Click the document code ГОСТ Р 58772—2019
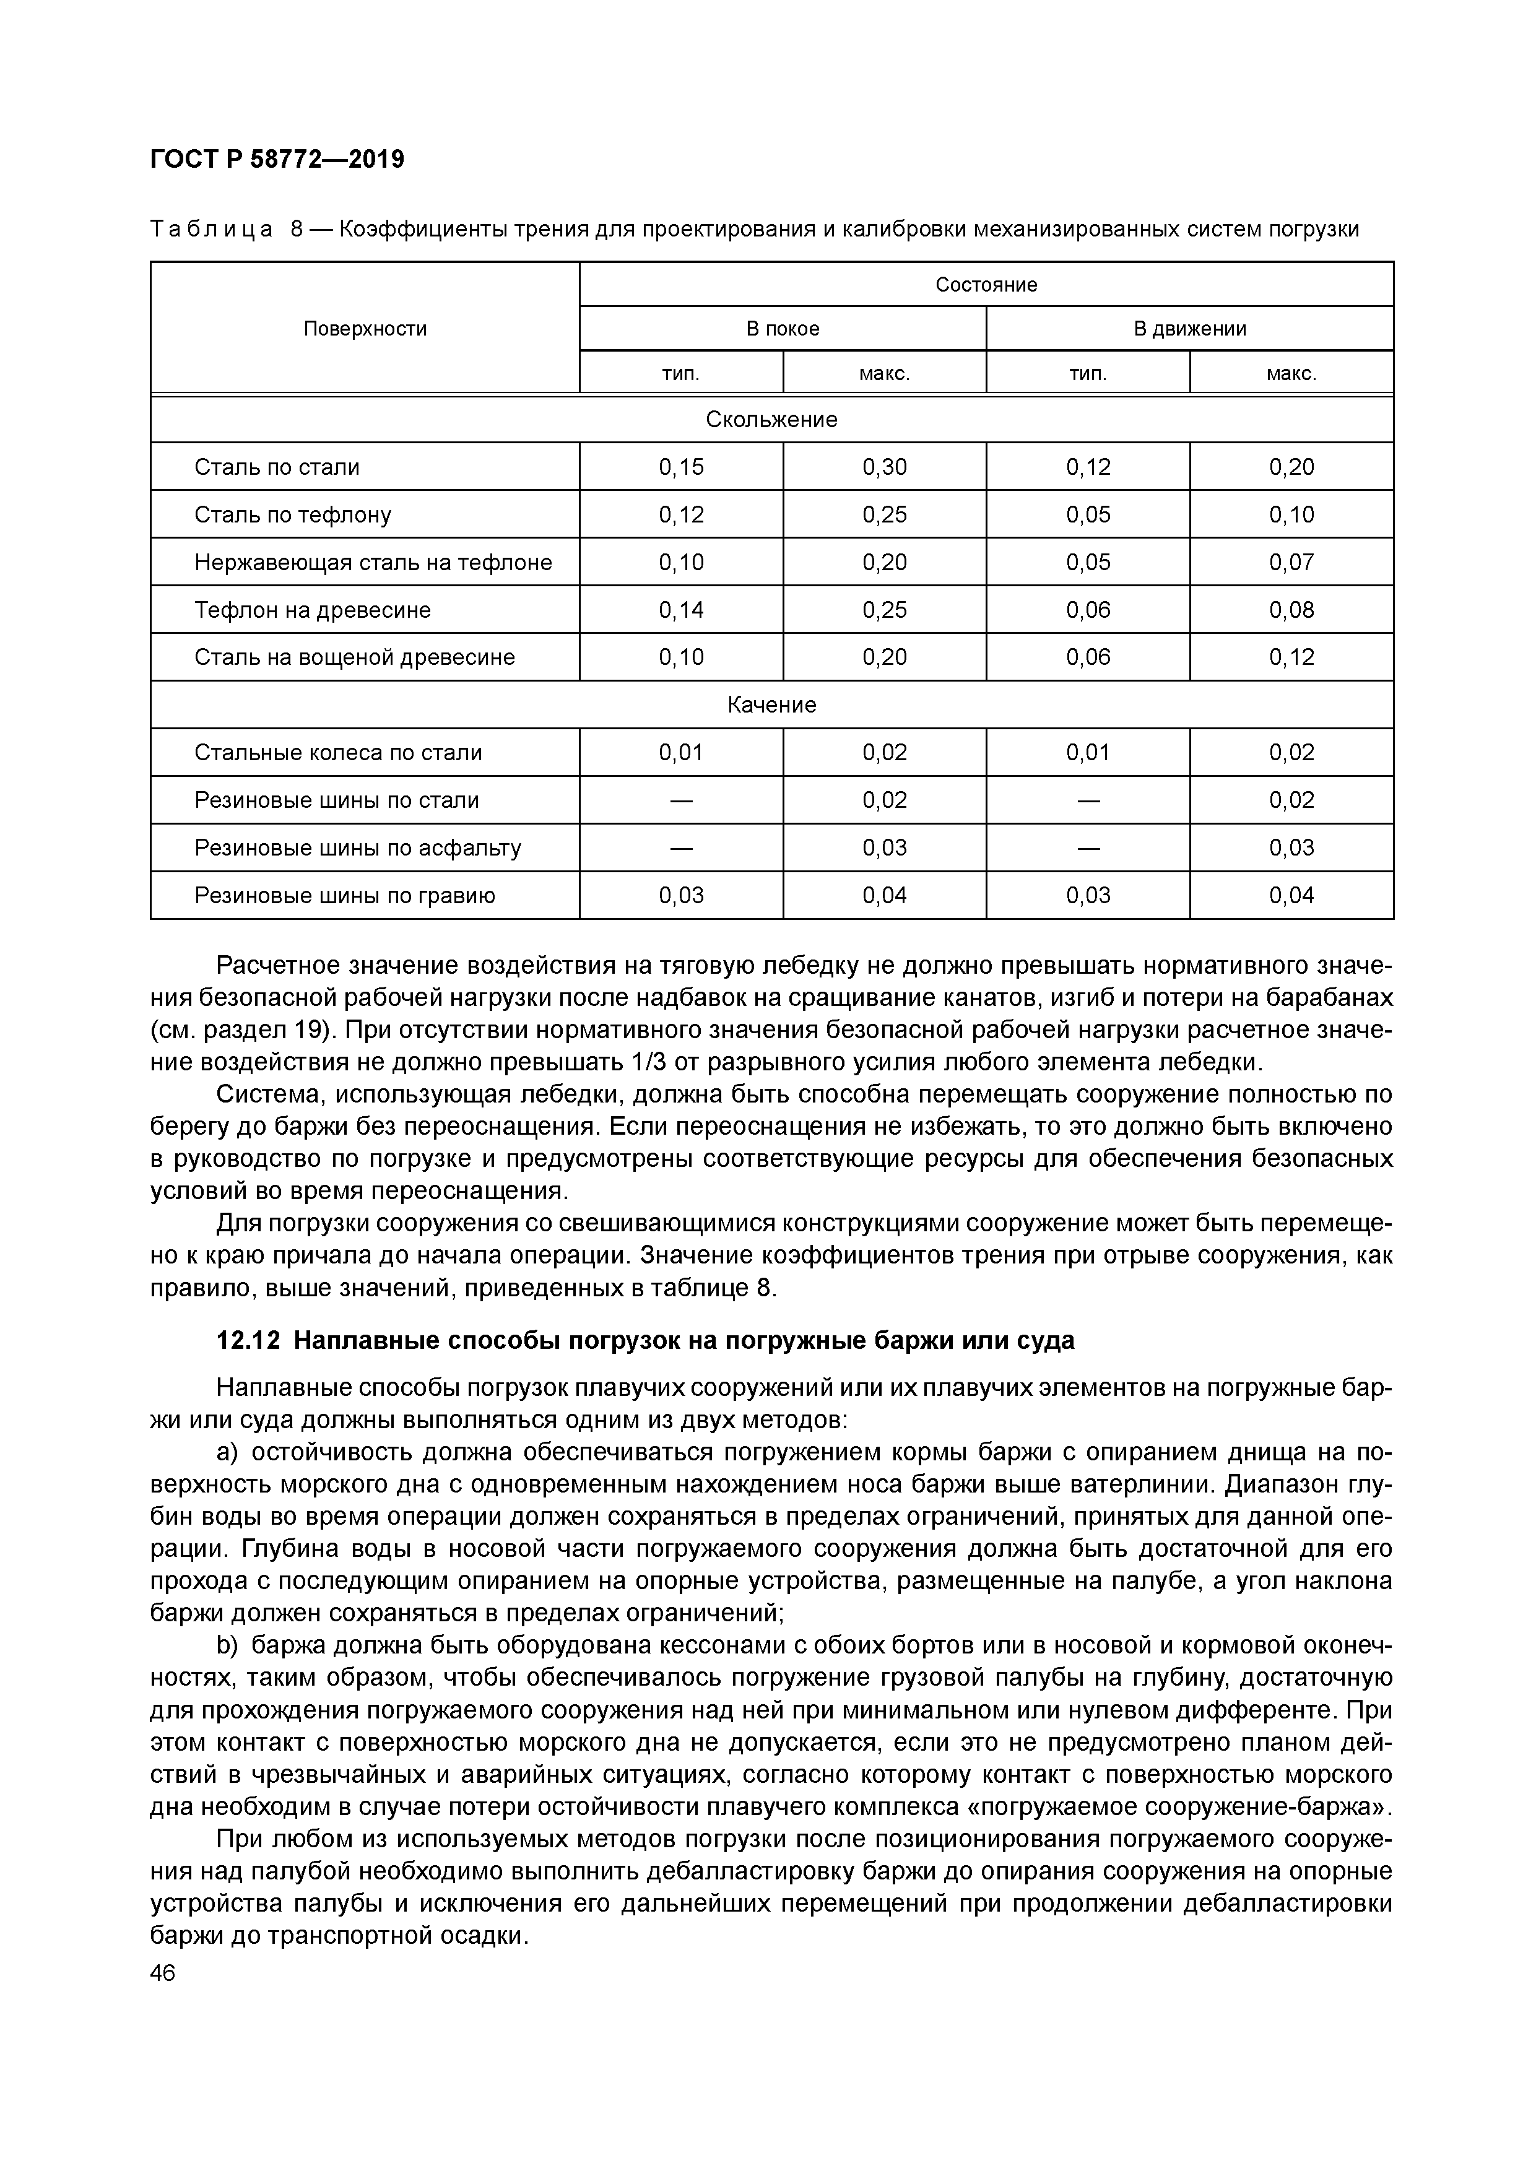pyautogui.click(x=277, y=159)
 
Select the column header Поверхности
pyautogui.click(x=365, y=328)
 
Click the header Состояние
pyautogui.click(x=986, y=285)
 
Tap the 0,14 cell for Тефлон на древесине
pyautogui.click(x=681, y=610)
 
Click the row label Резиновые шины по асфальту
pyautogui.click(x=357, y=847)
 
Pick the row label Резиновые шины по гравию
pyautogui.click(x=344, y=895)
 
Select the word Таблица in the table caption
pyautogui.click(x=212, y=229)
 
